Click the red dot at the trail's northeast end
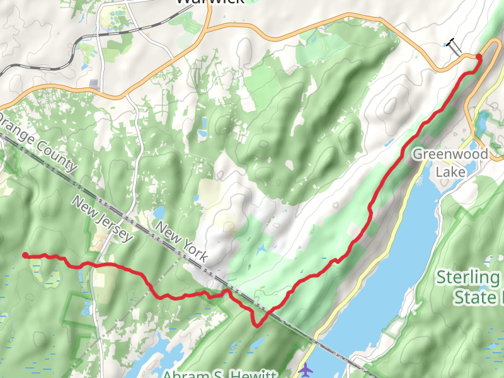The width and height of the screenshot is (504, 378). pyautogui.click(x=479, y=57)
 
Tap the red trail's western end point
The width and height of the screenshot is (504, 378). pyautogui.click(x=25, y=255)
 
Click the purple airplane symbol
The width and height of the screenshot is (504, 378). pyautogui.click(x=306, y=369)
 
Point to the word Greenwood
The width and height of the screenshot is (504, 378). pyautogui.click(x=450, y=154)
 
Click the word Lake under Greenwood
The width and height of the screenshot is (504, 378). pyautogui.click(x=450, y=171)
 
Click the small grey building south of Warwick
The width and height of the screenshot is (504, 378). pyautogui.click(x=94, y=84)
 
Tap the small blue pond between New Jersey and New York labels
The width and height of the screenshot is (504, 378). pyautogui.click(x=159, y=212)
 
